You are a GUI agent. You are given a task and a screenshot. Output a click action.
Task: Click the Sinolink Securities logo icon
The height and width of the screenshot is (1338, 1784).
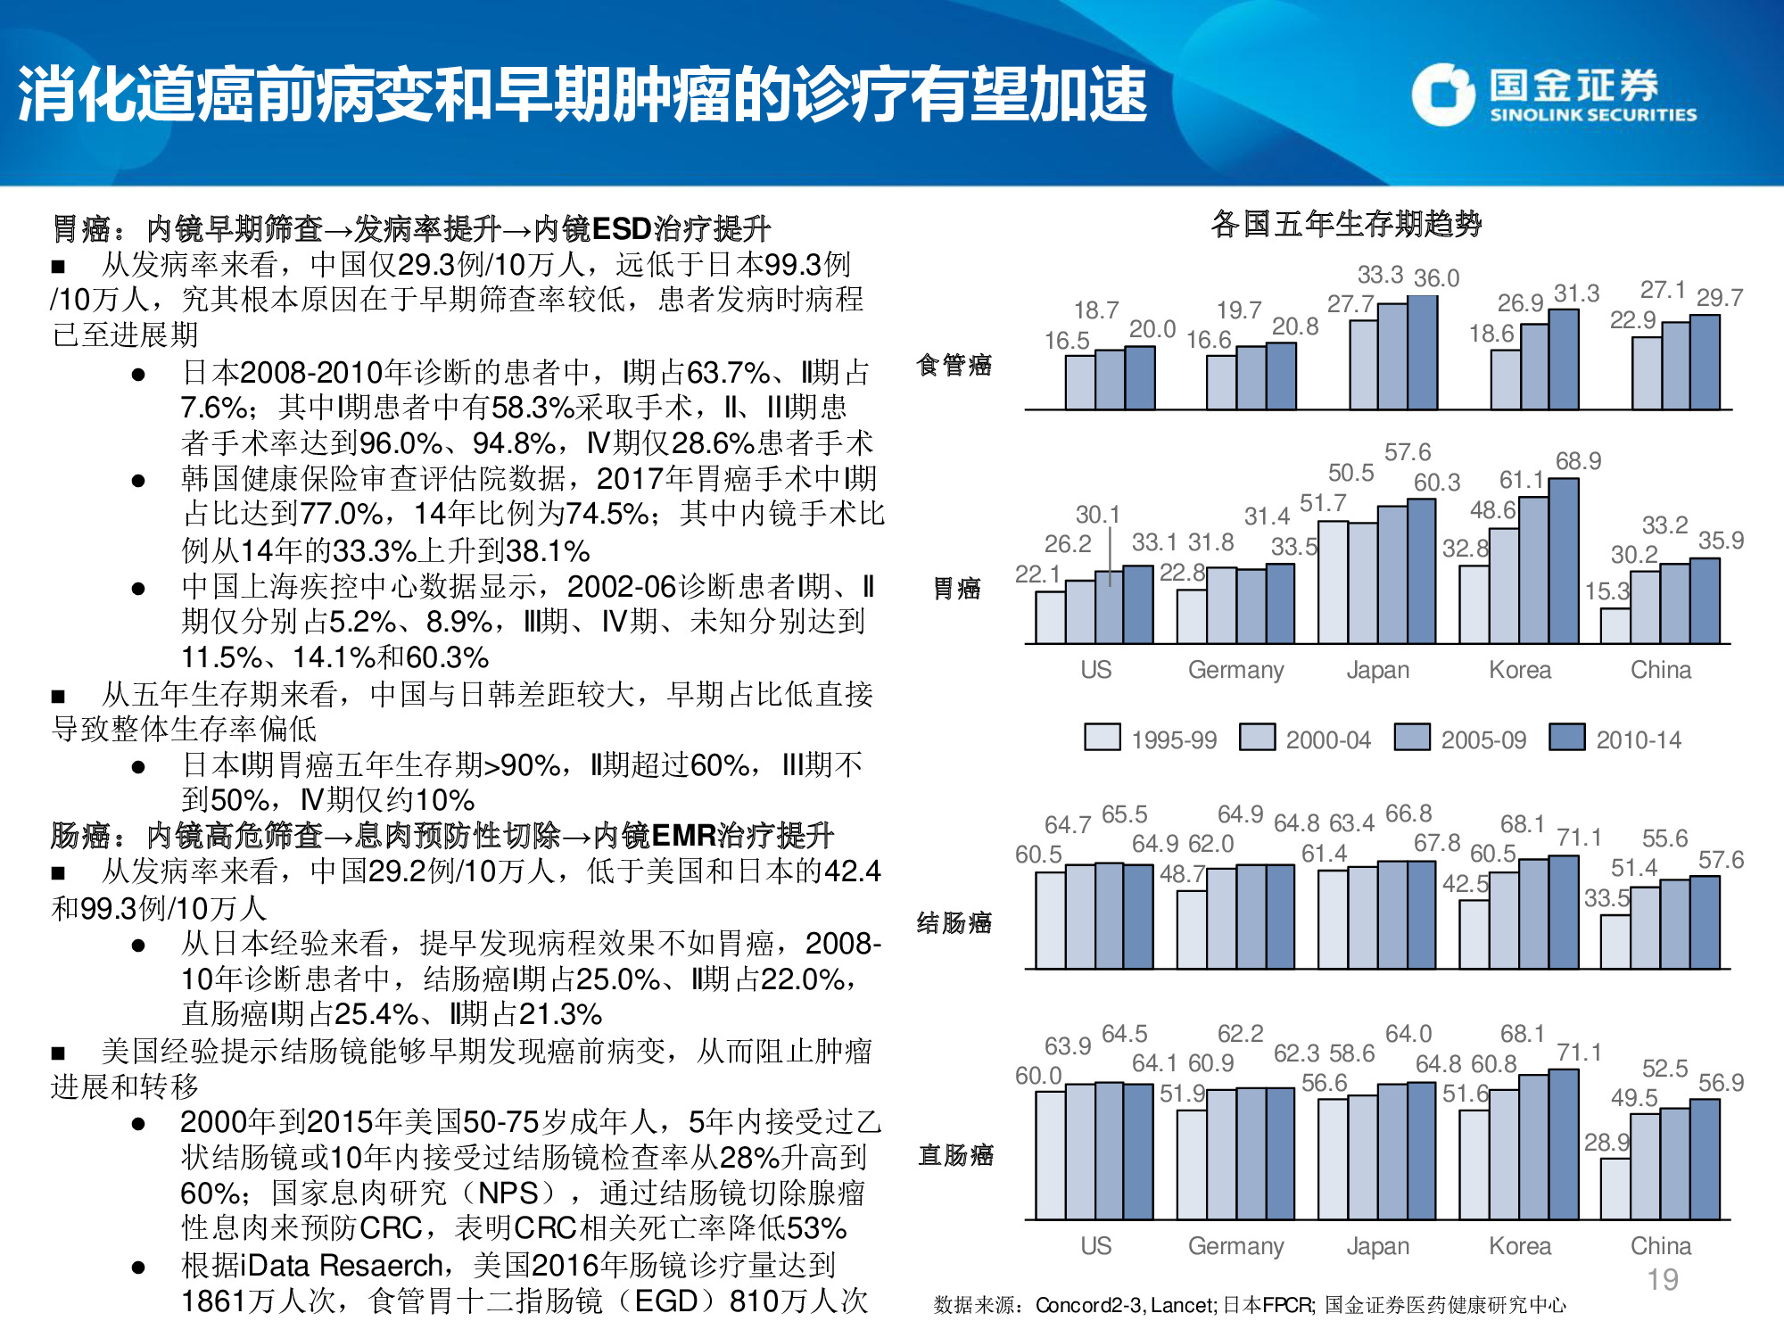click(x=1442, y=94)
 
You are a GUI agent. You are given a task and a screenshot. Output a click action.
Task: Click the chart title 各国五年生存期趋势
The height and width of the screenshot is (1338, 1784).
click(x=1346, y=223)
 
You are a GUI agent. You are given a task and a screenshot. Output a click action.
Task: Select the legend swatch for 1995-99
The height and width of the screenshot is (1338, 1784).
click(x=1102, y=737)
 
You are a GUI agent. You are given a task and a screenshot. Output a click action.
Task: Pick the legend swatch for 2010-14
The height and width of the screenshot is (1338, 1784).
click(x=1566, y=737)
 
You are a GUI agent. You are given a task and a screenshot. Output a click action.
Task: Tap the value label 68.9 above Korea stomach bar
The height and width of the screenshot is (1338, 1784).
click(x=1578, y=461)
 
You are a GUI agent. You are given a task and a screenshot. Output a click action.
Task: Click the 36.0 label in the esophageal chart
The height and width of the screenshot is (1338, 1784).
click(x=1436, y=278)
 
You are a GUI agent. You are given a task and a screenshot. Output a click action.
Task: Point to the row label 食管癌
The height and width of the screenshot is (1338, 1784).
click(x=954, y=364)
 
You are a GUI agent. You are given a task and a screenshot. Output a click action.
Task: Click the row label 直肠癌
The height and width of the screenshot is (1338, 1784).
click(x=955, y=1155)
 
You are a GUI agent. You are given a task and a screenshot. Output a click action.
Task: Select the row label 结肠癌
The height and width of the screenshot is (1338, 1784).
click(x=954, y=922)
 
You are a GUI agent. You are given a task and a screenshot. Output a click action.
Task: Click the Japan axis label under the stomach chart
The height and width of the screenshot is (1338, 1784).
click(x=1377, y=670)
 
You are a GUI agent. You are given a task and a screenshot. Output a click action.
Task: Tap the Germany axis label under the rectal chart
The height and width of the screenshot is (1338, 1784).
click(x=1235, y=1246)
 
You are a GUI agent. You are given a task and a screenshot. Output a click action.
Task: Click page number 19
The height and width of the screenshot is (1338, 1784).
click(x=1662, y=1280)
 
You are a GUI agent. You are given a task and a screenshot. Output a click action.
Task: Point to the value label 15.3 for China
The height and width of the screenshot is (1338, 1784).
click(x=1606, y=591)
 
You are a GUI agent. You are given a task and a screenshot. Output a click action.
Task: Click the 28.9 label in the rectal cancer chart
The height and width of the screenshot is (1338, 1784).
click(x=1606, y=1143)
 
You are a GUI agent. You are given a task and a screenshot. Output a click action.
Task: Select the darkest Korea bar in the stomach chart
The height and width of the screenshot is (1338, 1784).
click(x=1564, y=562)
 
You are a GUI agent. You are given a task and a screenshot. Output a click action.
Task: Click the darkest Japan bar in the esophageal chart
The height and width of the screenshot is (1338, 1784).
click(x=1422, y=353)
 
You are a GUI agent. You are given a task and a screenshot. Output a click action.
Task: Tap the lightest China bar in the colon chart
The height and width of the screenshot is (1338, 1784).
click(x=1615, y=942)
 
